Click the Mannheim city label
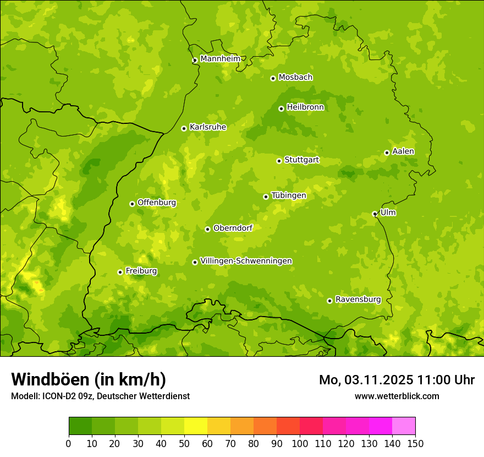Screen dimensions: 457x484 tap(220, 59)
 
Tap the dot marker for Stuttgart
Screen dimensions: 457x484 tap(279, 161)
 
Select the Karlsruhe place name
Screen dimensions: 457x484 tap(207, 127)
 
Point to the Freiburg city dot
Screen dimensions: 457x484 tap(120, 272)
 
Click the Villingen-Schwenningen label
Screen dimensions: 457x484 tap(246, 261)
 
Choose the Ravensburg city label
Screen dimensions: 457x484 tap(358, 300)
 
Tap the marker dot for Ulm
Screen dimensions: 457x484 tap(375, 214)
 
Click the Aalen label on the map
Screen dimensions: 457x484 tap(403, 151)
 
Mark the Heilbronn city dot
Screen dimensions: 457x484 tap(281, 108)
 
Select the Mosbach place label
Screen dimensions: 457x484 tap(295, 78)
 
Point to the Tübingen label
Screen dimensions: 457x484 tap(288, 195)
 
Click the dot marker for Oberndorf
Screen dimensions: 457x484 tap(207, 229)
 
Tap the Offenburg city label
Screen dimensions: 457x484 tap(156, 203)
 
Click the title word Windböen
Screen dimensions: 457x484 tap(50, 379)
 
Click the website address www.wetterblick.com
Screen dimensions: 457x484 tap(397, 396)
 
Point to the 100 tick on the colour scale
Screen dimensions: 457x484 tap(300, 443)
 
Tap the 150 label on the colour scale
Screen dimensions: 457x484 tap(415, 443)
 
